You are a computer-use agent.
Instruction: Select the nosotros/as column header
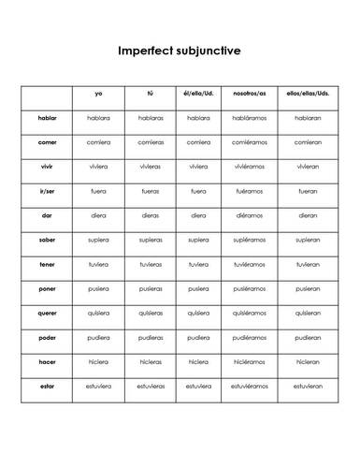point(249,94)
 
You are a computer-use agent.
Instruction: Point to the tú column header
point(150,94)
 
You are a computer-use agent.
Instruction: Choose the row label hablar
point(47,118)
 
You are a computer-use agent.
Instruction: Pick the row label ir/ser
point(47,191)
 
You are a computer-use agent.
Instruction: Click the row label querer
point(47,313)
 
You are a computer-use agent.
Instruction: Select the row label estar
point(47,386)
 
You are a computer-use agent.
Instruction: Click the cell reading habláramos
point(249,118)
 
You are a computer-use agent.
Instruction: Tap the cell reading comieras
point(150,142)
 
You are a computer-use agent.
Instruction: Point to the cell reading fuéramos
point(249,191)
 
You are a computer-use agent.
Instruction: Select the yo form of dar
point(98,215)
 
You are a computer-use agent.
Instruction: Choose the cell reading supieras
point(150,240)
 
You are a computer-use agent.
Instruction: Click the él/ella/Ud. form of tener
point(198,264)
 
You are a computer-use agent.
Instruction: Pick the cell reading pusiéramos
point(249,288)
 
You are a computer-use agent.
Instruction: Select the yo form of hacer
point(98,361)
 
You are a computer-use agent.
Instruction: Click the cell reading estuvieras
point(150,386)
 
